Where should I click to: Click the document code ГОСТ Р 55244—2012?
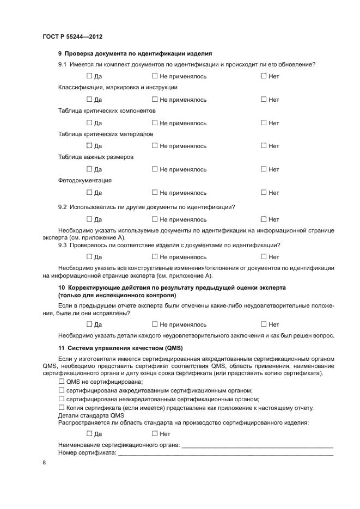point(72,36)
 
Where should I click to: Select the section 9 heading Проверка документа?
point(135,53)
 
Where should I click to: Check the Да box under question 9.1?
point(89,76)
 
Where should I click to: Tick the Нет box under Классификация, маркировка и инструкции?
point(264,100)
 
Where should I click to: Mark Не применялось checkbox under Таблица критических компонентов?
point(155,123)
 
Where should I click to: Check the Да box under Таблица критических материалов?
point(89,146)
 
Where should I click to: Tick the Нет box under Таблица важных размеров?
point(264,169)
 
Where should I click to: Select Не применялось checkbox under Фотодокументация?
point(155,193)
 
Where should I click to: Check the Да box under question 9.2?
point(89,219)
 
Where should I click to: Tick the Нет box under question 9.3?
point(264,257)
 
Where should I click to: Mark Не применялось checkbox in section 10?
point(155,324)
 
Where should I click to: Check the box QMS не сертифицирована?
point(61,382)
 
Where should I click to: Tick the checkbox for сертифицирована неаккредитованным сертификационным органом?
point(61,399)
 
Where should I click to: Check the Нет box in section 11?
point(155,434)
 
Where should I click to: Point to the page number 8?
point(44,463)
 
